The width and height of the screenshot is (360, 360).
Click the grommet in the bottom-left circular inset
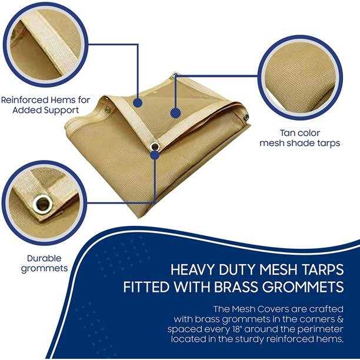pos(43,204)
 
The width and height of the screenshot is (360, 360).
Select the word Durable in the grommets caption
pos(44,258)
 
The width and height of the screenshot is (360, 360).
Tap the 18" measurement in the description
pos(236,329)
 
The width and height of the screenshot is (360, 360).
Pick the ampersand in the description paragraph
pos(340,319)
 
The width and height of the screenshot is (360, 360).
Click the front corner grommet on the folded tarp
pos(155,146)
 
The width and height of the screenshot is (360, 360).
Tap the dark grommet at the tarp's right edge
pos(246,117)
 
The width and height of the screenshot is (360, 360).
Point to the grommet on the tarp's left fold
pos(107,111)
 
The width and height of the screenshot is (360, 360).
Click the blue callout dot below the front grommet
pos(156,155)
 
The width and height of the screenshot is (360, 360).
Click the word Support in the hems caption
pos(62,110)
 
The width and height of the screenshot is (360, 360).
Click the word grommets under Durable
pos(44,269)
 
